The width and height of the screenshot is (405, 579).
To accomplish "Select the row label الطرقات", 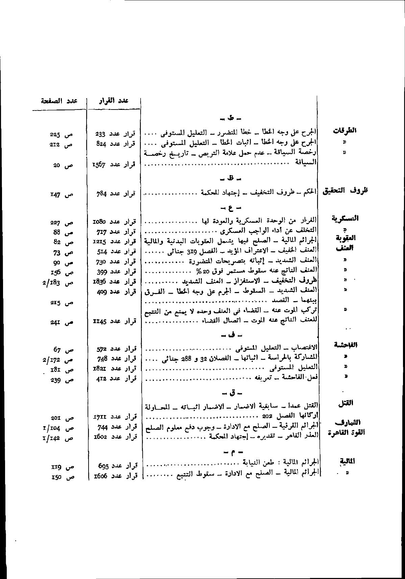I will click(x=345, y=130).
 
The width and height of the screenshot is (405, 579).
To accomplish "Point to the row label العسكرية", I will click(x=345, y=218).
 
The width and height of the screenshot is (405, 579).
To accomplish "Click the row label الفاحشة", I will click(x=345, y=345).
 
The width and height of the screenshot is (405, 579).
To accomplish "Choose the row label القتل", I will click(x=346, y=403).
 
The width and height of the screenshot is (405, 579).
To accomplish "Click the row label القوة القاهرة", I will click(x=346, y=433).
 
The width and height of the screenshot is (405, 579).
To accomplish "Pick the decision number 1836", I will click(x=99, y=282).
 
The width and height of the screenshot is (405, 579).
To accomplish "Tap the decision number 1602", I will click(x=100, y=437).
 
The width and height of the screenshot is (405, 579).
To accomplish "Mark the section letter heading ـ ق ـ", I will click(x=231, y=393).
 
